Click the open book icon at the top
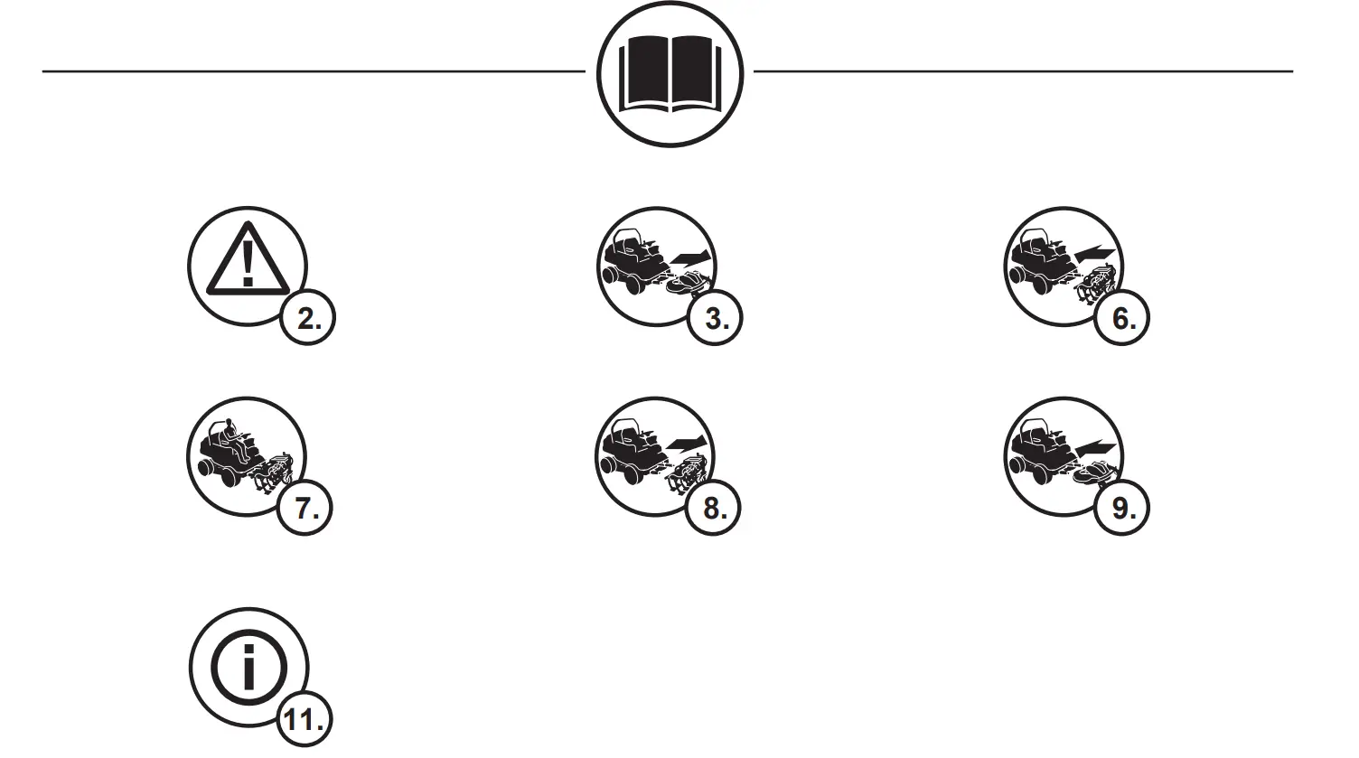click(x=669, y=74)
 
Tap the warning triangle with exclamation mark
click(x=246, y=259)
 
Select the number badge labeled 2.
click(x=308, y=318)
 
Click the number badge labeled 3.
click(x=715, y=318)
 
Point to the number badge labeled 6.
click(x=1122, y=318)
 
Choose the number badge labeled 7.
click(x=306, y=508)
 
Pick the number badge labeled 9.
click(x=1122, y=508)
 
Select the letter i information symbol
click(x=248, y=669)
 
